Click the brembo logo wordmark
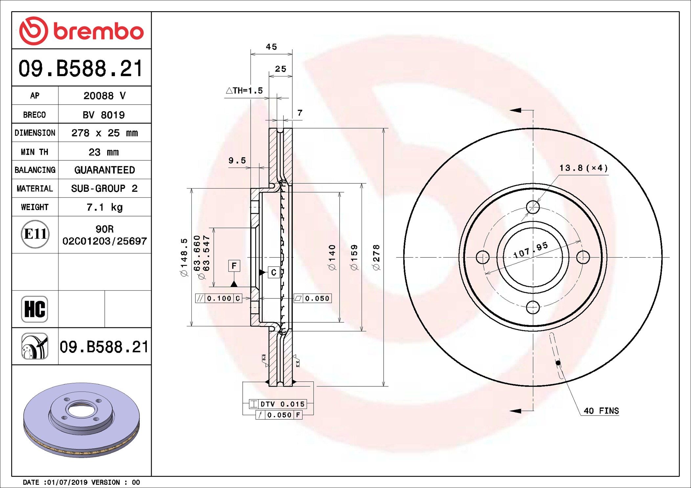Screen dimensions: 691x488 tap(99, 31)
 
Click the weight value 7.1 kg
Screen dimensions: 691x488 tap(104, 207)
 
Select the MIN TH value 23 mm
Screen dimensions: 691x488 tap(104, 152)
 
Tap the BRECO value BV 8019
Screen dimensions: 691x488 tap(104, 115)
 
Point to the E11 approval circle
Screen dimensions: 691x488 tap(35, 234)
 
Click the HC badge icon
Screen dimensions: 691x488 tap(34, 309)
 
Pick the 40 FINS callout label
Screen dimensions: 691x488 tap(601, 411)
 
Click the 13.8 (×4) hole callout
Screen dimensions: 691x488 tap(584, 168)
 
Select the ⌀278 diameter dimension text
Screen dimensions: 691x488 tap(376, 257)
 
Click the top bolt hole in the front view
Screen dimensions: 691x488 tap(533, 207)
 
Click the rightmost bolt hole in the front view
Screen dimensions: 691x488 tap(583, 257)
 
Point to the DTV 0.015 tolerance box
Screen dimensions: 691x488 tap(278, 404)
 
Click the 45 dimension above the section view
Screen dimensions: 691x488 tap(271, 47)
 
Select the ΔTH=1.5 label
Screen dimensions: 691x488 tap(244, 91)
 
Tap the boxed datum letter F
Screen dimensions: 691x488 tap(234, 266)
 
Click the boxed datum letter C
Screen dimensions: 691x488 tap(274, 272)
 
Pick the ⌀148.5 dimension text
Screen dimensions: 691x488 tap(184, 257)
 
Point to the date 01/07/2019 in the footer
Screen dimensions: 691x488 tap(68, 482)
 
